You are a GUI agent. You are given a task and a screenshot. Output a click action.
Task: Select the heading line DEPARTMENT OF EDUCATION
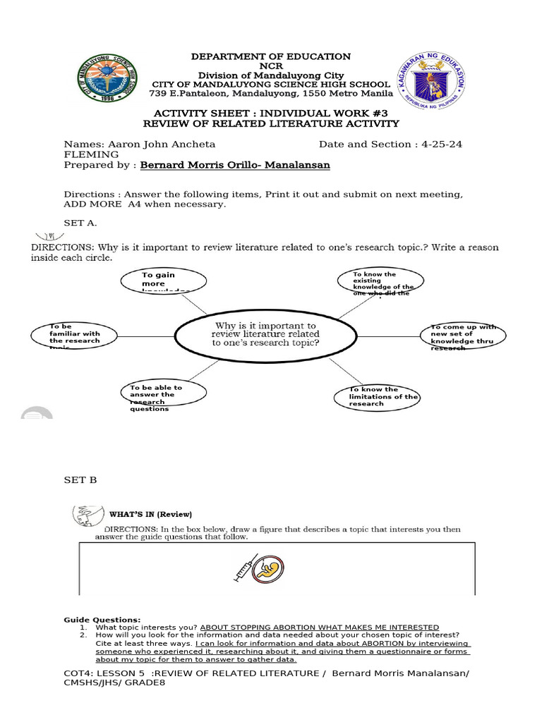[271, 56]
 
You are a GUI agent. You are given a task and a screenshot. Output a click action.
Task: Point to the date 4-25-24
[440, 144]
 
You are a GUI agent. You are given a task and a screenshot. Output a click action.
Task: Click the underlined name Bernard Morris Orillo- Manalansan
[235, 165]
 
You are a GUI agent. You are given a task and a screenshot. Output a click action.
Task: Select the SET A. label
[82, 223]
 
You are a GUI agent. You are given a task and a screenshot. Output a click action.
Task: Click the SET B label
[80, 480]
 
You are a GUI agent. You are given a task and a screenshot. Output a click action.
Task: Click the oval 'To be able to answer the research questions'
[161, 397]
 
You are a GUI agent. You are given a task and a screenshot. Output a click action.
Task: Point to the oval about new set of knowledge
[464, 337]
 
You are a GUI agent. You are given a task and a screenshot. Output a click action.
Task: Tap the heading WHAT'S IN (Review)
[150, 513]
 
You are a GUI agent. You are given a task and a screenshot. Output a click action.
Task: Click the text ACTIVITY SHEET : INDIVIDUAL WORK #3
[271, 113]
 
